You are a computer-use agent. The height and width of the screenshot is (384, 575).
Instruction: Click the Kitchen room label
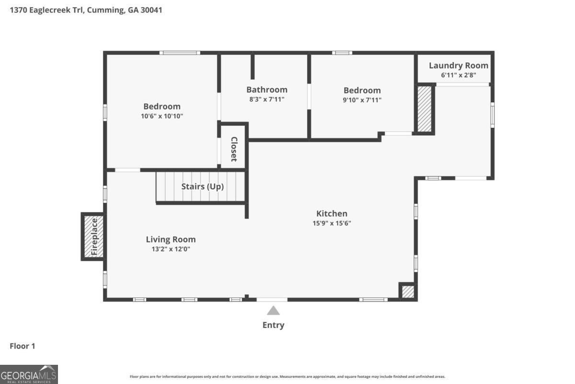(x=332, y=214)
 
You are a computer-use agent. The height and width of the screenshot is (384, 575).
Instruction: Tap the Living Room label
(x=171, y=239)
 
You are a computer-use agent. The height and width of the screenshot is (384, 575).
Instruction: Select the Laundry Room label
(x=458, y=66)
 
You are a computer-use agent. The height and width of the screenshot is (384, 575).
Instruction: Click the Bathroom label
(x=267, y=90)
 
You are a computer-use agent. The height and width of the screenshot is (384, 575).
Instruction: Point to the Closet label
(x=234, y=149)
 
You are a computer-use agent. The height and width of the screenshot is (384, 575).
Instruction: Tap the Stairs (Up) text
(x=202, y=187)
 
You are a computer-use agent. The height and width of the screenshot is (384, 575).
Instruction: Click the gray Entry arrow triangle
(x=273, y=311)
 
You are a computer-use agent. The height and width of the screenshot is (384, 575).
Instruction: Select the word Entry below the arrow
(x=273, y=325)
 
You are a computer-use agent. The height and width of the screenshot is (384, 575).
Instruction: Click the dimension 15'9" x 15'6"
(x=332, y=223)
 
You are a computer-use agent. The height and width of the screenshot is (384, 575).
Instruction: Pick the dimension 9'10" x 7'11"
(x=362, y=100)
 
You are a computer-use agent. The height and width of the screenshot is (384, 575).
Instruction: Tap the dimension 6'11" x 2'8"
(x=458, y=75)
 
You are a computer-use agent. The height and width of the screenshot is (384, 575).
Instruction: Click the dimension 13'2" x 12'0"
(x=171, y=249)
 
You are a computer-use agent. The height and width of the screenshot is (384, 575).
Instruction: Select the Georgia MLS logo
(x=29, y=374)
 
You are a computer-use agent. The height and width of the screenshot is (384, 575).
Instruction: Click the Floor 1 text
(x=23, y=346)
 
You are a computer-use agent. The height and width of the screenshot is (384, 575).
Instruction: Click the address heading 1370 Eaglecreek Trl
(x=86, y=10)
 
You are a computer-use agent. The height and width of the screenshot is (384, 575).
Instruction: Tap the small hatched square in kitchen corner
(x=407, y=291)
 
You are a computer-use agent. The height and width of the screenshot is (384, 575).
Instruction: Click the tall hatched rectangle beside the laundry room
(x=425, y=108)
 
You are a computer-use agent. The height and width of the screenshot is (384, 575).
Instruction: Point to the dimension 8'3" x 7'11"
(x=267, y=99)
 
